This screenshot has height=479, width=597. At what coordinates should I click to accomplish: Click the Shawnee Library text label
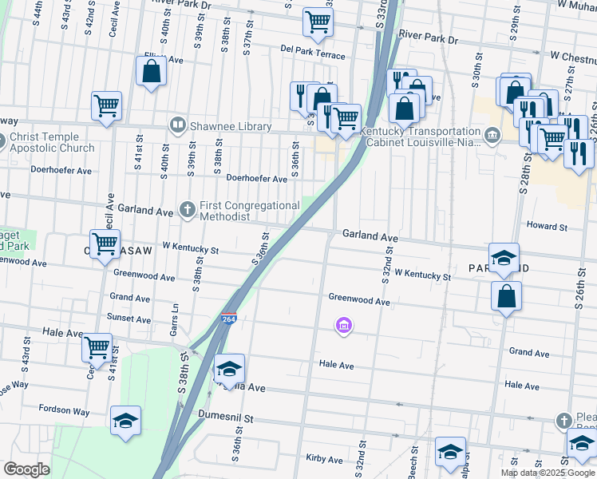(231, 126)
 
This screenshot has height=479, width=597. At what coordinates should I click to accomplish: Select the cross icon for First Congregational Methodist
(188, 210)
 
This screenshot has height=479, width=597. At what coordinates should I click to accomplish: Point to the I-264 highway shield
(228, 320)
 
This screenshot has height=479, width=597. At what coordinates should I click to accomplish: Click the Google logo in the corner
(26, 469)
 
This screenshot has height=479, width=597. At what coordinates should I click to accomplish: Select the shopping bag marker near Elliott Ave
(152, 73)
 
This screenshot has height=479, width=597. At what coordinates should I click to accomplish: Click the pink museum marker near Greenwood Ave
(344, 325)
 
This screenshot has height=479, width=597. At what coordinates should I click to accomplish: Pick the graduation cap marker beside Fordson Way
(125, 422)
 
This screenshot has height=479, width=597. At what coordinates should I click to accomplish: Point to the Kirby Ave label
(324, 459)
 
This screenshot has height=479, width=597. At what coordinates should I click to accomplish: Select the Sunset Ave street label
(129, 317)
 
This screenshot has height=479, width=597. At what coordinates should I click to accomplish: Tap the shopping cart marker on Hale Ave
(97, 349)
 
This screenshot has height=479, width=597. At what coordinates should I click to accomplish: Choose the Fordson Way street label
(65, 410)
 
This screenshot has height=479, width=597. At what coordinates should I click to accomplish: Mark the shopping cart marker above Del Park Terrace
(318, 22)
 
